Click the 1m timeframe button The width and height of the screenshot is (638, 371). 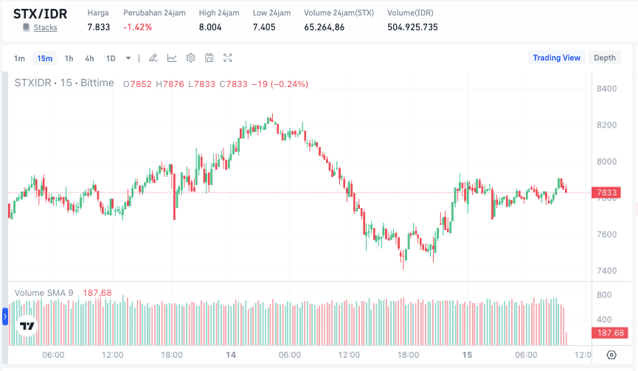pyautogui.click(x=20, y=58)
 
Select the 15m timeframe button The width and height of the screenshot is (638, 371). pyautogui.click(x=45, y=58)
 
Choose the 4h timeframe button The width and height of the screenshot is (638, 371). pyautogui.click(x=89, y=58)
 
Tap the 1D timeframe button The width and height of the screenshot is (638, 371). pyautogui.click(x=111, y=58)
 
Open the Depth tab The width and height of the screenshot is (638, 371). pyautogui.click(x=605, y=58)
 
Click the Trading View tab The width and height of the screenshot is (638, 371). pyautogui.click(x=557, y=58)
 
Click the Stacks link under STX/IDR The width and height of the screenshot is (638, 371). pyautogui.click(x=46, y=28)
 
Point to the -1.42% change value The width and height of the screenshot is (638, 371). pyautogui.click(x=138, y=27)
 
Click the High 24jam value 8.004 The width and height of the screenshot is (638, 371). pyautogui.click(x=210, y=27)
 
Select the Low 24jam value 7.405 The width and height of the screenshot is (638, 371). pyautogui.click(x=264, y=27)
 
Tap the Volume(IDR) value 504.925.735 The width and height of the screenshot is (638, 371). pyautogui.click(x=412, y=27)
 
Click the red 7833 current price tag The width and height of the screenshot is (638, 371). pyautogui.click(x=606, y=193)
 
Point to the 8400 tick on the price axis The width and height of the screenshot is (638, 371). pyautogui.click(x=606, y=89)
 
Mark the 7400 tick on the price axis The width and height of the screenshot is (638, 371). pyautogui.click(x=606, y=271)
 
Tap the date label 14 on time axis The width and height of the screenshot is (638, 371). pyautogui.click(x=231, y=355)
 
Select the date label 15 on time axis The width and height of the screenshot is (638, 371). pyautogui.click(x=467, y=355)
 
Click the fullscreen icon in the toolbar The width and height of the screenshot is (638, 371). pyautogui.click(x=228, y=58)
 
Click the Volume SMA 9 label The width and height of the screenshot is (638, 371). pyautogui.click(x=44, y=293)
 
